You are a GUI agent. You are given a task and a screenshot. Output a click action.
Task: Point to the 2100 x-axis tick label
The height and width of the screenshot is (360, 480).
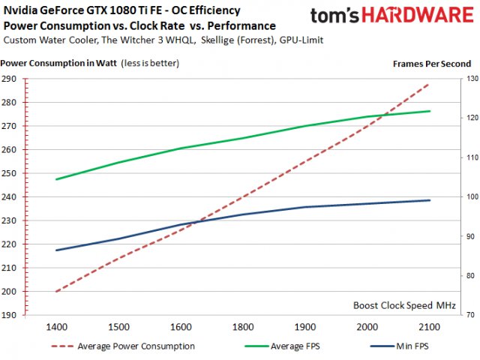pos(428,327)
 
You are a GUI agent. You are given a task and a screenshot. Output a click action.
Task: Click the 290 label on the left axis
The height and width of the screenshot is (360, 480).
pos(10,79)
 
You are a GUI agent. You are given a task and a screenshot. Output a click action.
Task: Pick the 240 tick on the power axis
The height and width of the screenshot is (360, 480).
pos(10,197)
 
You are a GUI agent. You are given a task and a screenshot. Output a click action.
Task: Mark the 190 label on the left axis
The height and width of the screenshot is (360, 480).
pos(10,315)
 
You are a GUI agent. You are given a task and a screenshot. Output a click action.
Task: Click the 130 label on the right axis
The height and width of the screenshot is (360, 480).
pos(466,79)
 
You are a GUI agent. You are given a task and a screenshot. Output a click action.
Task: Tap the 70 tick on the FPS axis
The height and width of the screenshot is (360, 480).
pos(466,315)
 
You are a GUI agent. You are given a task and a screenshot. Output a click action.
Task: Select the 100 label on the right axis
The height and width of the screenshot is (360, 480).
pos(466,197)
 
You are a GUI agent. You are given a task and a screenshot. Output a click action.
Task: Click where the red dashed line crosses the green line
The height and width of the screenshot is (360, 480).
pos(385,115)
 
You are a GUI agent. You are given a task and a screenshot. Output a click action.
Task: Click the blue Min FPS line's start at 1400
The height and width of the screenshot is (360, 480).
pos(58,250)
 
